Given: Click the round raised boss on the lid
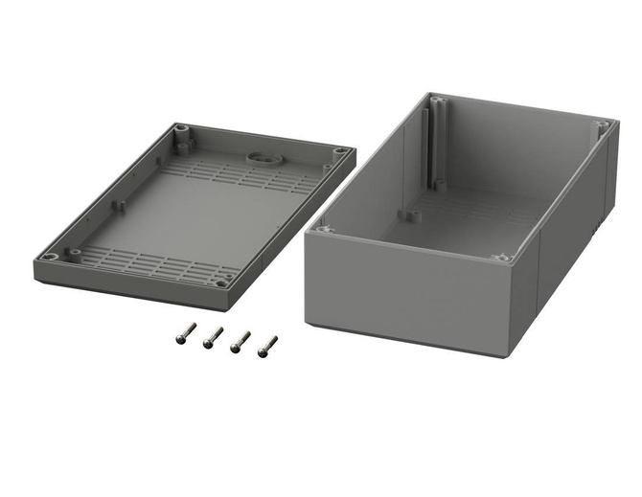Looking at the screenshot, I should pyautogui.click(x=259, y=155).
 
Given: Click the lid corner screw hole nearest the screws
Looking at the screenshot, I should pyautogui.click(x=222, y=282).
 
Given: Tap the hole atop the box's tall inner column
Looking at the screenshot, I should pyautogui.click(x=437, y=99).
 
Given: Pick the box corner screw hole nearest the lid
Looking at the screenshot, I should pyautogui.click(x=324, y=230).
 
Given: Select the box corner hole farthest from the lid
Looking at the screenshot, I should pyautogui.click(x=601, y=124).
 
